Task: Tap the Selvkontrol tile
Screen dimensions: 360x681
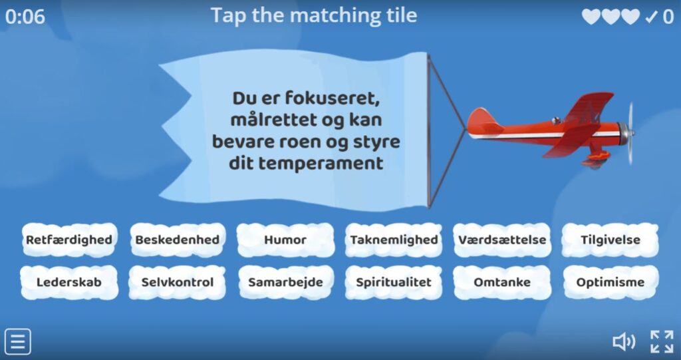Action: pos(177,282)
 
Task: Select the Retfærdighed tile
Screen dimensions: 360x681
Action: pos(68,240)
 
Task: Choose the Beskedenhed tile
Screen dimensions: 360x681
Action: pos(177,240)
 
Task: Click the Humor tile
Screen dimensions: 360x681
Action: pos(285,240)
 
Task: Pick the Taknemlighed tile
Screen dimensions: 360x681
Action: pos(394,240)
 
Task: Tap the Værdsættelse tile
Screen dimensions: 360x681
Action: pos(502,240)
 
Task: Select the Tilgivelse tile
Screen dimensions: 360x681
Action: pos(611,240)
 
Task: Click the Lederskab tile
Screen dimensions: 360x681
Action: pos(68,282)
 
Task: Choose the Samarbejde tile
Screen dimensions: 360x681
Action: pos(285,282)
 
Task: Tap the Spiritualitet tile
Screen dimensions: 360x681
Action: pos(394,282)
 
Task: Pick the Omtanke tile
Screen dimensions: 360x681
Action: pos(502,282)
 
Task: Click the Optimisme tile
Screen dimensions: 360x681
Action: pos(611,282)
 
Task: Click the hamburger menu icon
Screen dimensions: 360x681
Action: pos(17,342)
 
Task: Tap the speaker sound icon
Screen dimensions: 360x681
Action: pos(623,342)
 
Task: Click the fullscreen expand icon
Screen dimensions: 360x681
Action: pos(662,342)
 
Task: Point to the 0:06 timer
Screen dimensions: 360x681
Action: pos(25,17)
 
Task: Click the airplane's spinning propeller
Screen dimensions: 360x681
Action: pos(630,133)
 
